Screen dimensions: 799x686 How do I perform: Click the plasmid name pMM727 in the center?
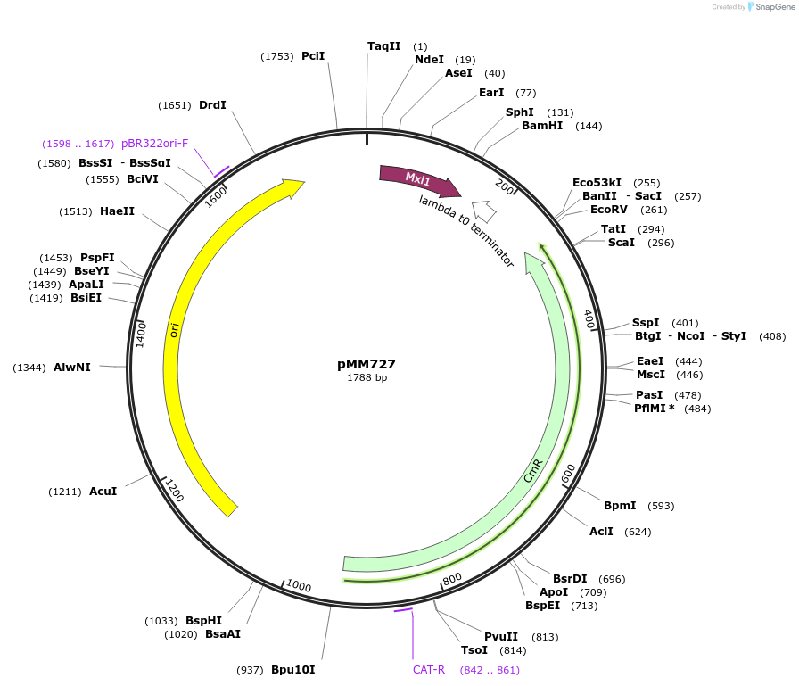pyautogui.click(x=367, y=364)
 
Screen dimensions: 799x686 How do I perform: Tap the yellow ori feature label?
pyautogui.click(x=175, y=330)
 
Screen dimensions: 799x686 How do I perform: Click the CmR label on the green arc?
pyautogui.click(x=533, y=471)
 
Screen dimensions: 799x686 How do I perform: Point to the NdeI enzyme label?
pyautogui.click(x=429, y=60)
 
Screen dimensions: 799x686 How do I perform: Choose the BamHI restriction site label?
pyautogui.click(x=542, y=126)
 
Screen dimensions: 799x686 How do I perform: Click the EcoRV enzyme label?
pyautogui.click(x=609, y=210)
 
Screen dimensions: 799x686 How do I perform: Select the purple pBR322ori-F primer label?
pyautogui.click(x=155, y=144)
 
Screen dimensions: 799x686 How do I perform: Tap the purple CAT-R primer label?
pyautogui.click(x=428, y=669)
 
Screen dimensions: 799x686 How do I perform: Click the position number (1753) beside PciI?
pyautogui.click(x=277, y=56)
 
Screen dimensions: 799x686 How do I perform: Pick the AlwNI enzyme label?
pyautogui.click(x=72, y=368)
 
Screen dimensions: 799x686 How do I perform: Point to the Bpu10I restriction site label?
pyautogui.click(x=293, y=669)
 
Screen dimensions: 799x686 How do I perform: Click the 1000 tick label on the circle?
pyautogui.click(x=299, y=586)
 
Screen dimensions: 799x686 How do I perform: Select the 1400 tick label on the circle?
pyautogui.click(x=140, y=335)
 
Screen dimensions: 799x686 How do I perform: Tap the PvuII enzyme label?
pyautogui.click(x=501, y=637)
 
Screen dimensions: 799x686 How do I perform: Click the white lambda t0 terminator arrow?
pyautogui.click(x=484, y=211)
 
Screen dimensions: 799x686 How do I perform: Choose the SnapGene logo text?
pyautogui.click(x=772, y=7)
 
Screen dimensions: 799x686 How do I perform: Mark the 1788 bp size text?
pyautogui.click(x=367, y=378)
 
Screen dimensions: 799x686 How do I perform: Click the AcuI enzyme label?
pyautogui.click(x=103, y=492)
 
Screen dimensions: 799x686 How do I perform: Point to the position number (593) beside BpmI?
pyautogui.click(x=661, y=506)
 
